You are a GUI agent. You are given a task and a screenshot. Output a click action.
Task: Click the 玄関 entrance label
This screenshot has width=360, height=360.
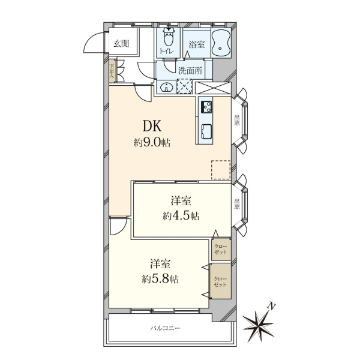(122, 43)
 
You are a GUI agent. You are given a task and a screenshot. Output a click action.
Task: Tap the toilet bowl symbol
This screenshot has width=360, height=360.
(169, 38)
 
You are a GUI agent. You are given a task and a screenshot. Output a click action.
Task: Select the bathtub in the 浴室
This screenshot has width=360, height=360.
(220, 43)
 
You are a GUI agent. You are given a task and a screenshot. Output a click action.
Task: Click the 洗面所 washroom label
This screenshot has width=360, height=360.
(190, 71)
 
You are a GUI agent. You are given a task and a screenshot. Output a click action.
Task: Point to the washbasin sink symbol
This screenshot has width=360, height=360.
(166, 87)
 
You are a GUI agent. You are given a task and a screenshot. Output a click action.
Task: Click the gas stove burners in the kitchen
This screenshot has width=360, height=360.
(206, 107)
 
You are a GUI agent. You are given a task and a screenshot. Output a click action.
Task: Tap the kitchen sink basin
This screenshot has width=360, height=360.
(206, 131)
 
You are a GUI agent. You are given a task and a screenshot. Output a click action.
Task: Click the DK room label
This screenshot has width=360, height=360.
(152, 126)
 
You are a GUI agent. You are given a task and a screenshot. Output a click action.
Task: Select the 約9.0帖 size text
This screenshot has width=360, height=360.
(152, 143)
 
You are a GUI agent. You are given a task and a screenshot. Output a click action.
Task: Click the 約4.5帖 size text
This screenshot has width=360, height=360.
(181, 216)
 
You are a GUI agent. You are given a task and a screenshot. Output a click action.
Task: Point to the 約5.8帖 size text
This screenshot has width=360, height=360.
(160, 279)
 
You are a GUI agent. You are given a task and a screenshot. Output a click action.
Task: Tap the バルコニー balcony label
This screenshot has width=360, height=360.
(166, 328)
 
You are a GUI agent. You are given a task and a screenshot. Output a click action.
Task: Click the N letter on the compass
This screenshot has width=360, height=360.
(272, 307)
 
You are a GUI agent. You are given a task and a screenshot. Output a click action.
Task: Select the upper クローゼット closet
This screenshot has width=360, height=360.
(221, 250)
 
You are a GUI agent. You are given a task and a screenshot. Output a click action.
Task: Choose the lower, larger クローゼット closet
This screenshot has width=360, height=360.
(221, 281)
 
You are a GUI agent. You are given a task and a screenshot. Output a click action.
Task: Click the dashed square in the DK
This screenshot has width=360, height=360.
(221, 170)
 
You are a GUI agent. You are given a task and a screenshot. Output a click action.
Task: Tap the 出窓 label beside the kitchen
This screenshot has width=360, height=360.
(237, 120)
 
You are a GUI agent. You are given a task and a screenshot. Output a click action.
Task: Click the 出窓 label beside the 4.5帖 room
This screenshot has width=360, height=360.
(237, 204)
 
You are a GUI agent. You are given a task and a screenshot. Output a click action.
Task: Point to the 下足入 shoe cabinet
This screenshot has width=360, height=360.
(112, 71)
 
